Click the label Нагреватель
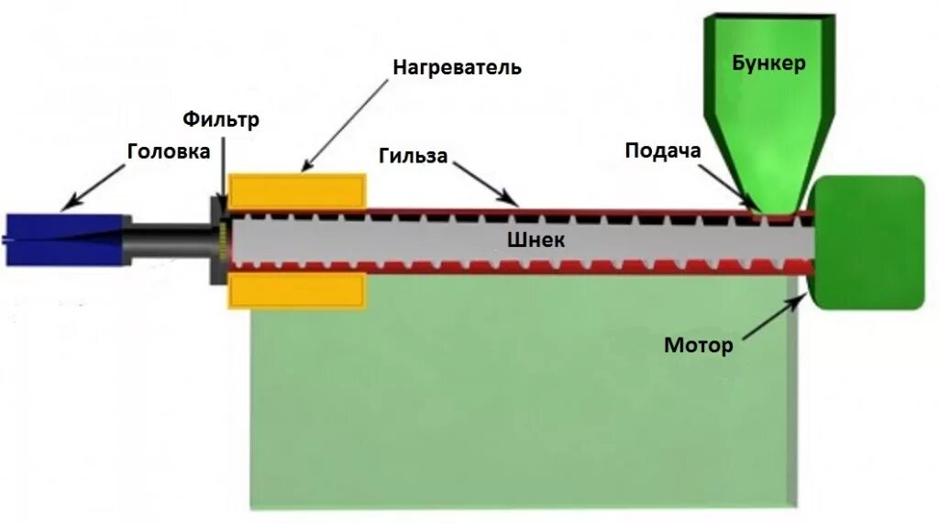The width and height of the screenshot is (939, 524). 458,68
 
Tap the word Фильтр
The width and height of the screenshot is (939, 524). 221,119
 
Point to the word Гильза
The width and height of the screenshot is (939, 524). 413,156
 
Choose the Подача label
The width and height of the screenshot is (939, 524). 663,151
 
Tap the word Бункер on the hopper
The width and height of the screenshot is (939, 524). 768,63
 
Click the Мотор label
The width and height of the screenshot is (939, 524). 699,346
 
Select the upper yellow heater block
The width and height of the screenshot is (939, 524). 296,192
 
